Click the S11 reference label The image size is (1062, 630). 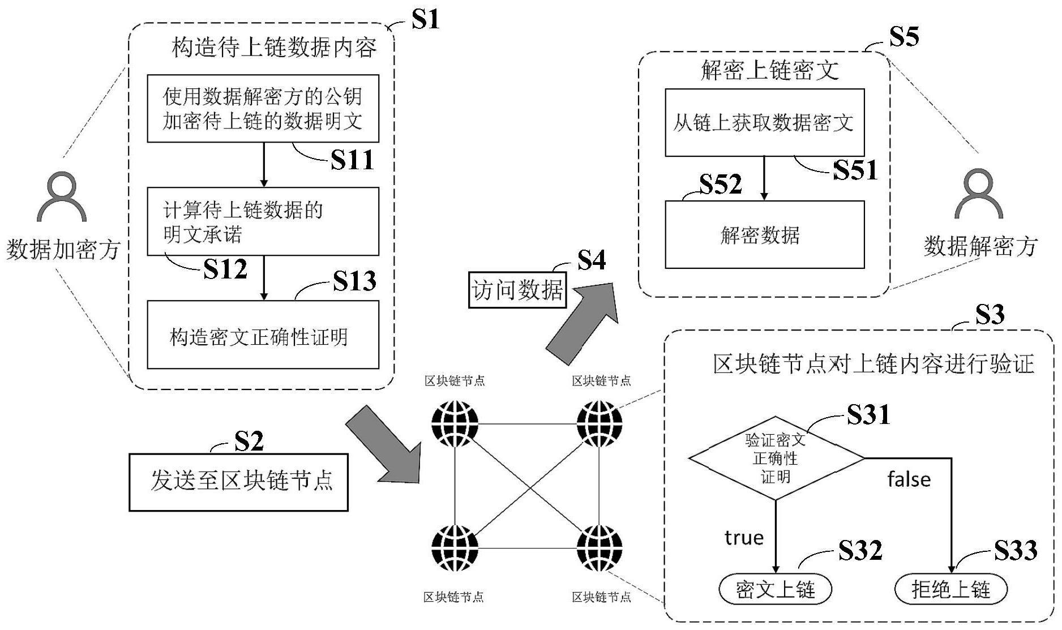(x=352, y=160)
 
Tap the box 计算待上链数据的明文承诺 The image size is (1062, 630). (x=263, y=221)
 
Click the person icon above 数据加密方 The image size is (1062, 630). (x=62, y=198)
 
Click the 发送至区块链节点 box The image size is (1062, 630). (x=238, y=482)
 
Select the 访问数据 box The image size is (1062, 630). (x=517, y=290)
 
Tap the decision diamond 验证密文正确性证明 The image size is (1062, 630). (x=776, y=458)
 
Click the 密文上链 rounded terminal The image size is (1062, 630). (x=775, y=590)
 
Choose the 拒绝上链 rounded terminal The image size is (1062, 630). (x=951, y=590)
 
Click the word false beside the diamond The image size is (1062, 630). (x=909, y=479)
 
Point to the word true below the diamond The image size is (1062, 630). (x=744, y=537)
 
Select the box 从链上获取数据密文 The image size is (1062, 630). (x=764, y=122)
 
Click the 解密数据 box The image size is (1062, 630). (x=764, y=234)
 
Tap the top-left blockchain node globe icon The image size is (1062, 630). (x=455, y=423)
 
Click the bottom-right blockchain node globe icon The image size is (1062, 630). (x=599, y=548)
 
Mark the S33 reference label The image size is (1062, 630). (x=1016, y=550)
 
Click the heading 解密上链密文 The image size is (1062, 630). (x=769, y=71)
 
